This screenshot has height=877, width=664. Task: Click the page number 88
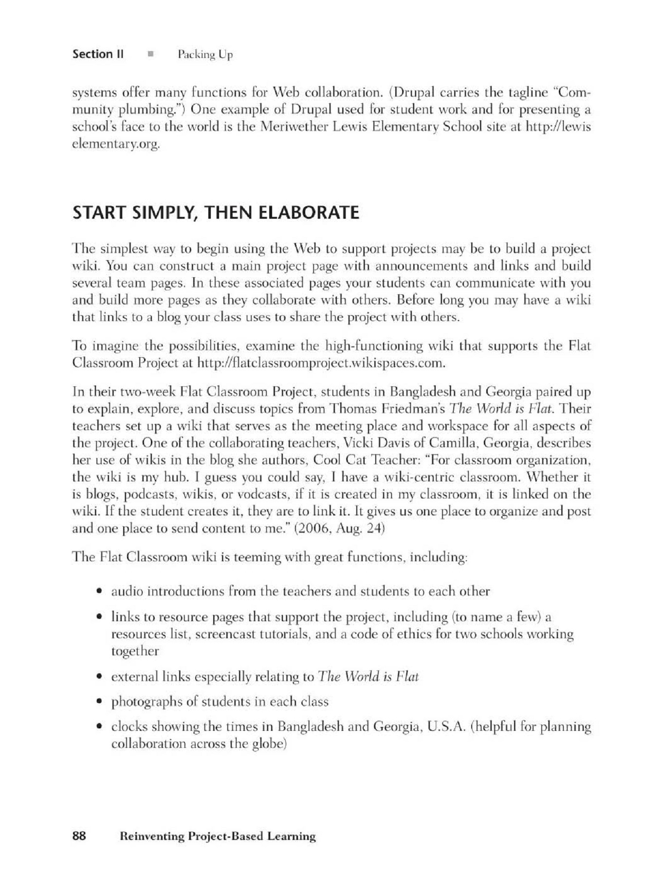coord(79,836)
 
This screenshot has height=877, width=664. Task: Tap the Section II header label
coord(98,54)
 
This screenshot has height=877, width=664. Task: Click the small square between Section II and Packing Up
coord(151,54)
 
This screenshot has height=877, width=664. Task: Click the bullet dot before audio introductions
coord(99,592)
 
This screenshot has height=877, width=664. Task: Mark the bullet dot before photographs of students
coord(99,702)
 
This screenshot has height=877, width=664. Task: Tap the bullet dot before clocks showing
coord(99,727)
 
